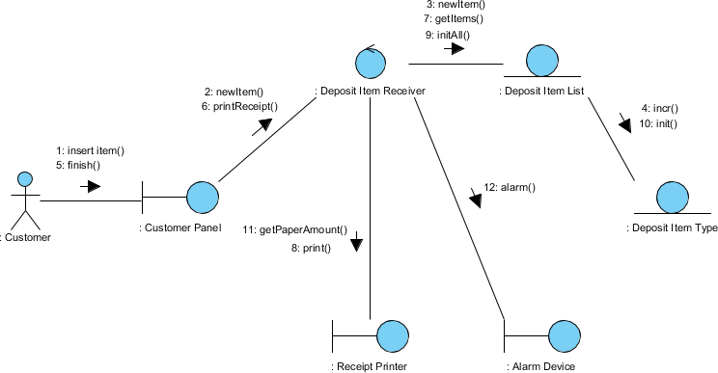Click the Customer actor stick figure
click(x=24, y=200)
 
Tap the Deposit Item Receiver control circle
click(x=371, y=64)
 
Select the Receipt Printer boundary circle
click(x=391, y=336)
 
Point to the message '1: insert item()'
click(x=90, y=150)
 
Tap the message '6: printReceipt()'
click(x=239, y=107)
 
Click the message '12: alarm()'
click(x=510, y=187)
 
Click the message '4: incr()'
click(x=660, y=109)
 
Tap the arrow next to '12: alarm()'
click(x=475, y=197)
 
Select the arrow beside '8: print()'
click(x=356, y=241)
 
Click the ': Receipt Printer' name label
click(x=370, y=366)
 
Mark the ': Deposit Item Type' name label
click(x=672, y=228)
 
